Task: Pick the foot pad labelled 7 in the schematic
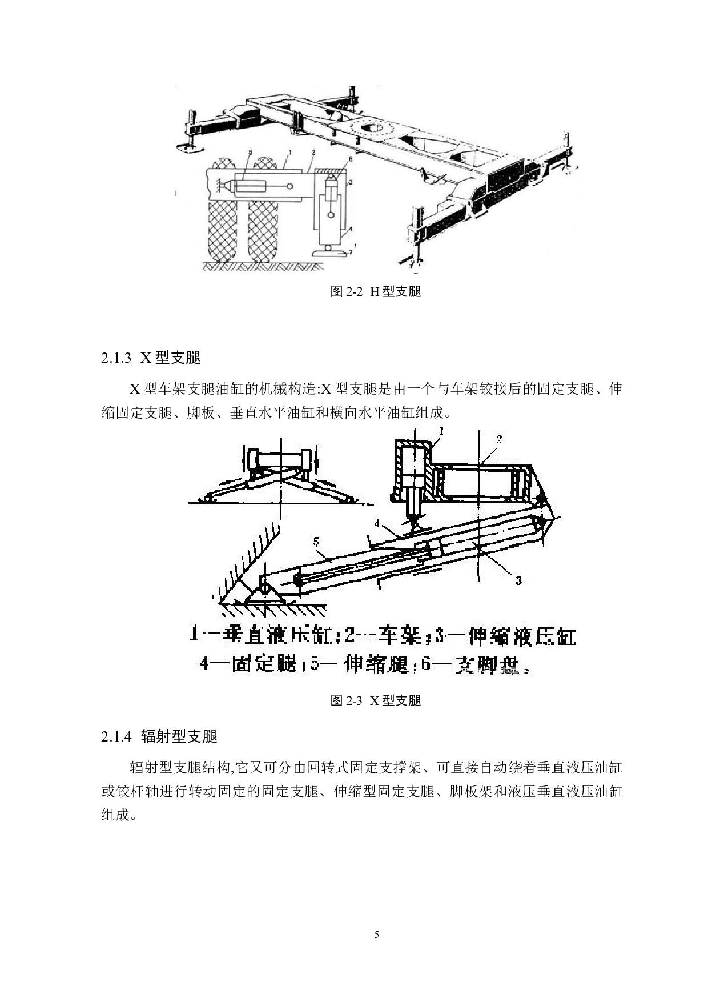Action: (x=331, y=252)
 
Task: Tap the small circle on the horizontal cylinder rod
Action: (x=291, y=186)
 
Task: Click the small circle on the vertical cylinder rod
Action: (x=331, y=215)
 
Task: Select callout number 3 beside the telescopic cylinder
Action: (x=518, y=580)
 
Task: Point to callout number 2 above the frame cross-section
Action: (x=498, y=439)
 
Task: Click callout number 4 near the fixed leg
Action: (x=377, y=523)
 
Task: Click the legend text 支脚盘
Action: (x=486, y=666)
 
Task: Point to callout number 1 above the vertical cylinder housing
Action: (x=441, y=430)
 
